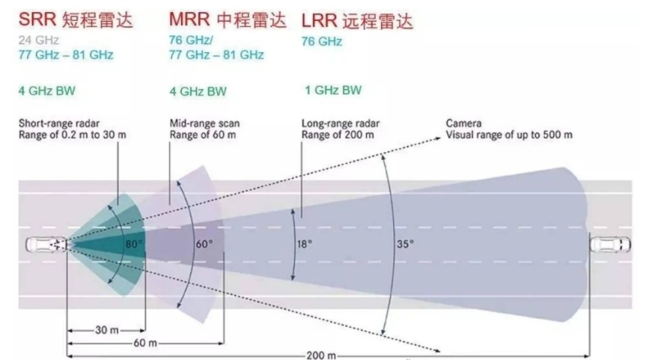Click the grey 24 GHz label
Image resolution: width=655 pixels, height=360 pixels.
point(38,40)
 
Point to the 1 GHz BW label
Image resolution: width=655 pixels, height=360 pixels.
point(332,91)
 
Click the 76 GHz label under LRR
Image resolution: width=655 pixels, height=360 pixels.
point(322,42)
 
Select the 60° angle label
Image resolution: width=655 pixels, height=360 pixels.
point(204,243)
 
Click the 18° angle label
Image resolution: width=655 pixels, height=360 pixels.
point(305,243)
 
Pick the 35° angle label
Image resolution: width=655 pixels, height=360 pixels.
point(405,243)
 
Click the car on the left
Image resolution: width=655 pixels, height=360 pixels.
point(46,244)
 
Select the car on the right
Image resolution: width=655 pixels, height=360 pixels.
point(610,244)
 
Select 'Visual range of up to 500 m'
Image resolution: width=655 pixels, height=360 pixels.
point(509,135)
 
